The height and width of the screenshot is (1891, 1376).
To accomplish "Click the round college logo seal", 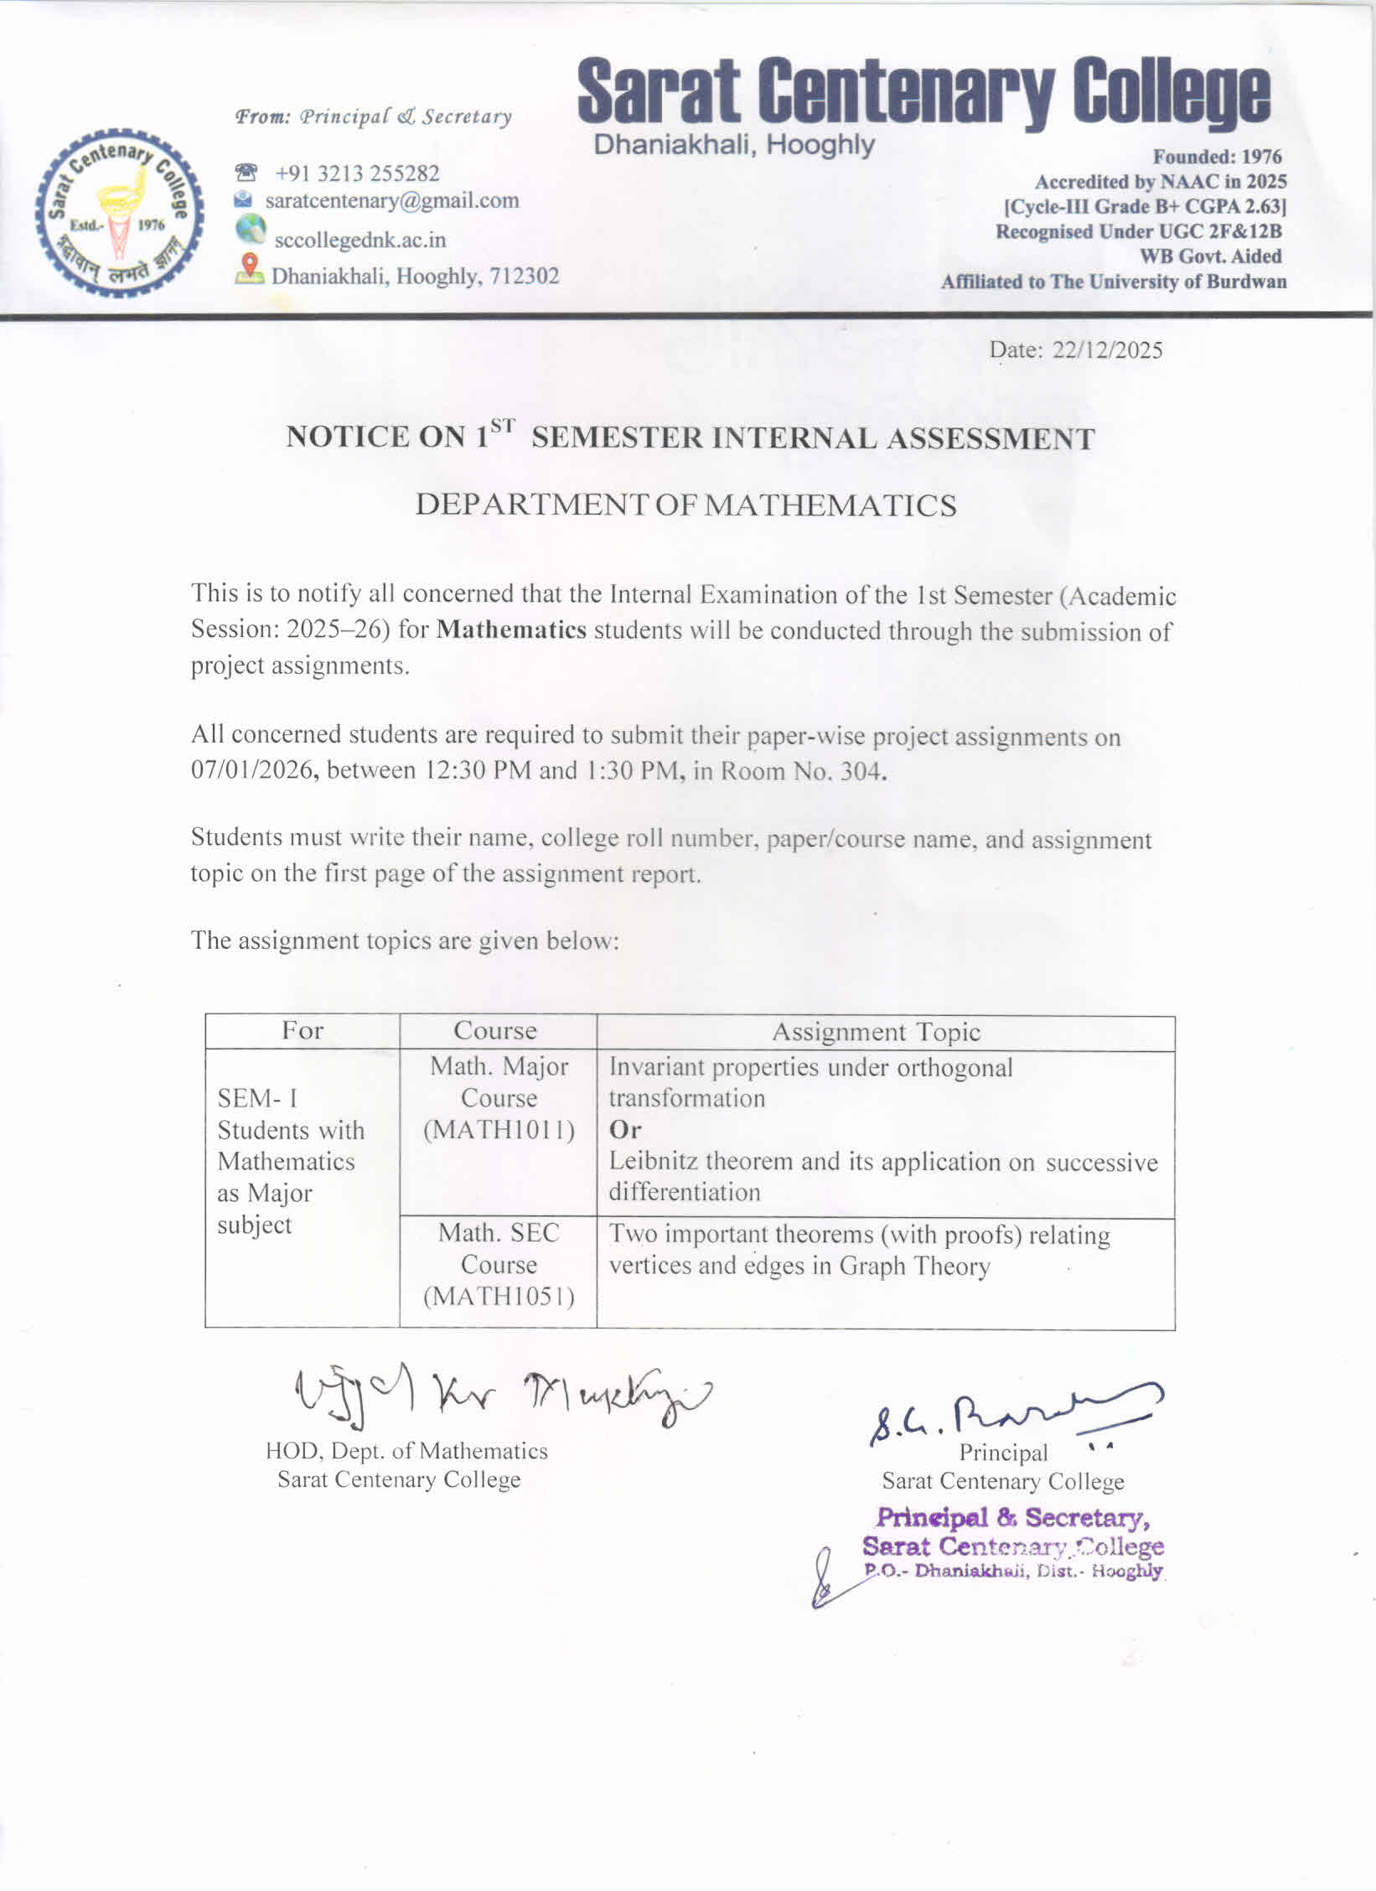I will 119,212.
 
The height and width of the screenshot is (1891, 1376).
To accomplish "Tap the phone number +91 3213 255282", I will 357,174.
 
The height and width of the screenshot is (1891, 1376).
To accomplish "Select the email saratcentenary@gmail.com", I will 391,201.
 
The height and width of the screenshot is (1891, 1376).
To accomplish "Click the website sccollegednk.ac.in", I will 360,241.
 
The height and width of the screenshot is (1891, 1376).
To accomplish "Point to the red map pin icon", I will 248,268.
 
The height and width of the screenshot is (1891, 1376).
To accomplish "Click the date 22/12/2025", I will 1107,350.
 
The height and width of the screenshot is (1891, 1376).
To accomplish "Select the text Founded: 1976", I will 1217,157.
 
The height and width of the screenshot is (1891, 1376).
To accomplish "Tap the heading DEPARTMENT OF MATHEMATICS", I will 685,505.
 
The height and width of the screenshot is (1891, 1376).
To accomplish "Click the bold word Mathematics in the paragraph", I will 511,629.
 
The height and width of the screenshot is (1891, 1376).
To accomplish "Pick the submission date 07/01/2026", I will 253,770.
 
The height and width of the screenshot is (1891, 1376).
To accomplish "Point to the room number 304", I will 863,771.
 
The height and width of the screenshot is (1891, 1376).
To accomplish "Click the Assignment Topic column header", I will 876,1032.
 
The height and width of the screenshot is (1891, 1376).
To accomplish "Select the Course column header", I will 495,1031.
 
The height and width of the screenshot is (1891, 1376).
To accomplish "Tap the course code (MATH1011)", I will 499,1130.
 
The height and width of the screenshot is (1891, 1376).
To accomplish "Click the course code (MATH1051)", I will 499,1297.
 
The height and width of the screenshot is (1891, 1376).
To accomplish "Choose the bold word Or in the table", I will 625,1130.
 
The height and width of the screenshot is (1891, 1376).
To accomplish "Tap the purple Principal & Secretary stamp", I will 1013,1543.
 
